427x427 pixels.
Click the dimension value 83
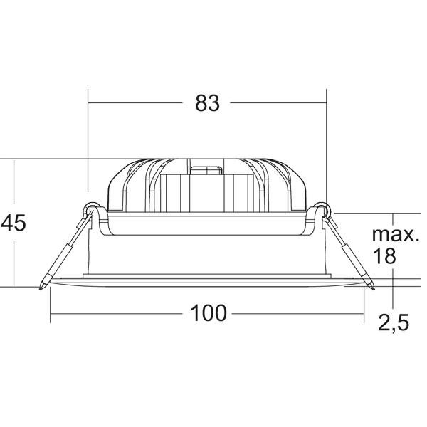(207, 103)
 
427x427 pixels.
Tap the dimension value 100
(209, 313)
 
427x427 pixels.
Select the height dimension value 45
(13, 223)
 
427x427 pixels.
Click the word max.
(396, 234)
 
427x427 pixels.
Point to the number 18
(384, 255)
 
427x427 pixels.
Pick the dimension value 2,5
(394, 323)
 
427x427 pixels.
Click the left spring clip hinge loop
(92, 209)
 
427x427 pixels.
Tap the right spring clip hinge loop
(323, 209)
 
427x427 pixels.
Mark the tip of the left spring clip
(41, 289)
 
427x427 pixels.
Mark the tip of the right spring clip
(374, 289)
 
